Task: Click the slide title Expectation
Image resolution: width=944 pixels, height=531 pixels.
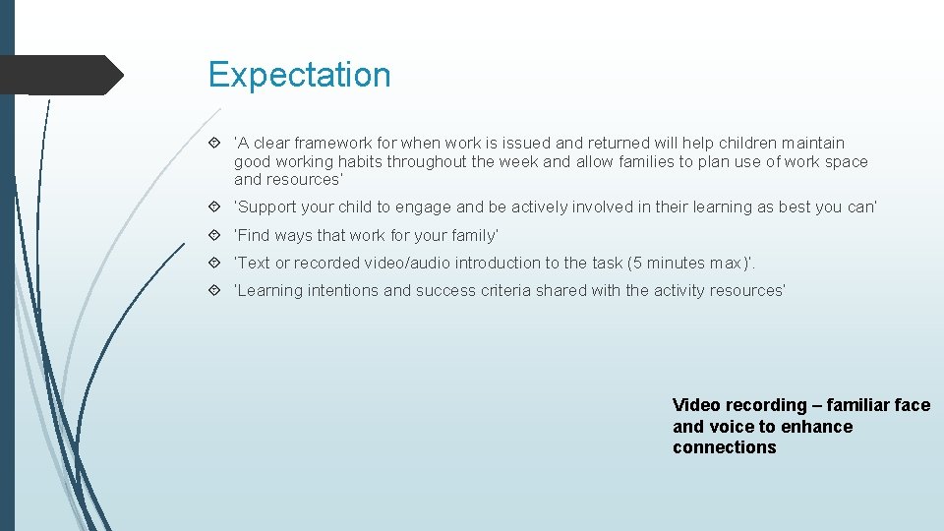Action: point(299,75)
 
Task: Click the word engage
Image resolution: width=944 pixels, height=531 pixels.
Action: point(429,207)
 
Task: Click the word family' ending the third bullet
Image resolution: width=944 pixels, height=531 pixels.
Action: point(475,236)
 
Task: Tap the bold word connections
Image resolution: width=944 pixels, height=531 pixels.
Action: point(725,448)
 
